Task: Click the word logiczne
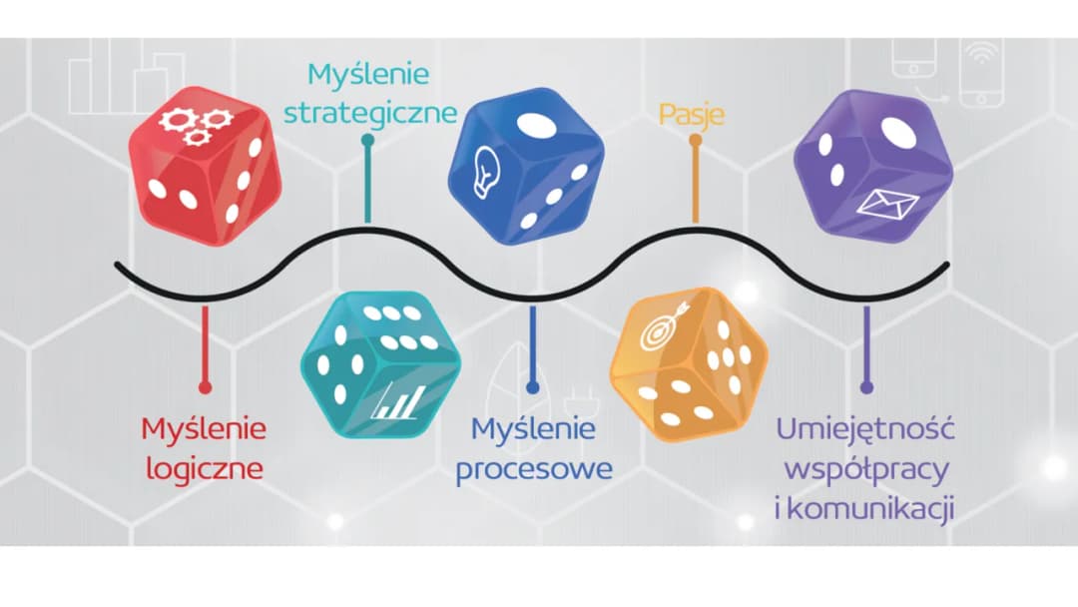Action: [205, 467]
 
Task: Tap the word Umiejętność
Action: [866, 431]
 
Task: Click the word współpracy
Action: [866, 468]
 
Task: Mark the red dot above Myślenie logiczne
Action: [205, 386]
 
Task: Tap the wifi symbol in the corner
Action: [982, 54]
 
